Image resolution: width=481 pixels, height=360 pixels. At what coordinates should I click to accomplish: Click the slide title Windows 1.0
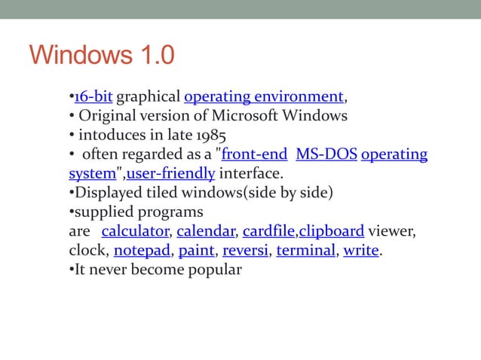(x=101, y=56)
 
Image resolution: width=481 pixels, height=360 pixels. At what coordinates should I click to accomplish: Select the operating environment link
(x=264, y=97)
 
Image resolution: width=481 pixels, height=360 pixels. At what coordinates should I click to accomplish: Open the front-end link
(x=254, y=155)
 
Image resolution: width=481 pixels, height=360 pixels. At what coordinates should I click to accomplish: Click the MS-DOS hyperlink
(x=326, y=155)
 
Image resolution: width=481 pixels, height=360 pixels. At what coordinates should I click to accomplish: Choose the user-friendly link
(x=171, y=174)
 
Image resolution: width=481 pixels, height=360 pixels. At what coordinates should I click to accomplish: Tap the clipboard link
(x=332, y=230)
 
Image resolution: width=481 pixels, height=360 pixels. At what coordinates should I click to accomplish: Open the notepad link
(x=141, y=250)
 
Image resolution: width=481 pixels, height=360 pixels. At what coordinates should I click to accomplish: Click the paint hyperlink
(x=196, y=250)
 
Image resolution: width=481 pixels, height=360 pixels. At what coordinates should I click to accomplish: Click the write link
(x=360, y=250)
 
